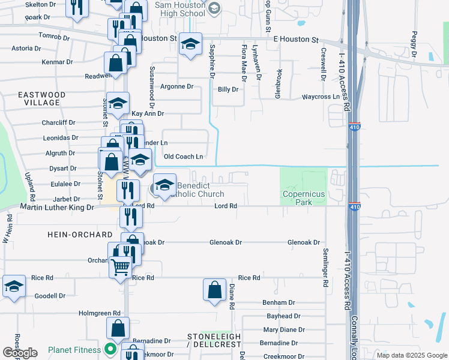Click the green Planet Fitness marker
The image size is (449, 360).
(110, 349)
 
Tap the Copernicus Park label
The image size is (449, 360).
(304, 198)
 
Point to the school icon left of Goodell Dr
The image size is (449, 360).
(14, 286)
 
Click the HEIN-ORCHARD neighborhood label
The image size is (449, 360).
(79, 235)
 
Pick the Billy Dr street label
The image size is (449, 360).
(228, 89)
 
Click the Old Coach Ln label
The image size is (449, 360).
(184, 157)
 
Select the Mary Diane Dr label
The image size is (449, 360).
(285, 330)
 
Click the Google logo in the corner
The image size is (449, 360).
(20, 353)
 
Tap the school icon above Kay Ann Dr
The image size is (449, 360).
(118, 103)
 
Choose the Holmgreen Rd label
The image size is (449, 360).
(100, 313)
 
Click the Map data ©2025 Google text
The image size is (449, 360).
(411, 355)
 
